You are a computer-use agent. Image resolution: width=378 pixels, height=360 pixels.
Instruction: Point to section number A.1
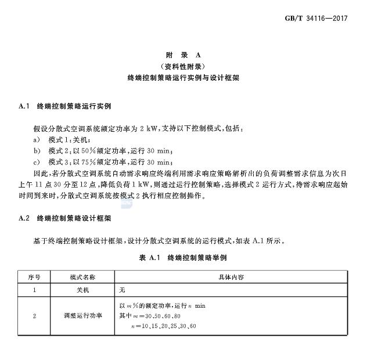pos(24,107)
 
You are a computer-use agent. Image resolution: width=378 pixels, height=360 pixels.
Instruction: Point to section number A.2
pos(24,219)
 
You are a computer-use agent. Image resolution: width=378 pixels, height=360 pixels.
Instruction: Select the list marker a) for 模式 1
pos(36,140)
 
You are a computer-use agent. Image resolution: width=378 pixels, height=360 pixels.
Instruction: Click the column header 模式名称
pos(82,278)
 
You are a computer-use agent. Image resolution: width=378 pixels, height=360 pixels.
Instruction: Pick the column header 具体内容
pos(231,278)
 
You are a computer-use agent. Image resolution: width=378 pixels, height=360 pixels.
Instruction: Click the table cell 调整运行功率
pos(82,316)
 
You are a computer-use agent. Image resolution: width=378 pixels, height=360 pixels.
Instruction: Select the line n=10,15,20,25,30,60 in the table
pos(164,326)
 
